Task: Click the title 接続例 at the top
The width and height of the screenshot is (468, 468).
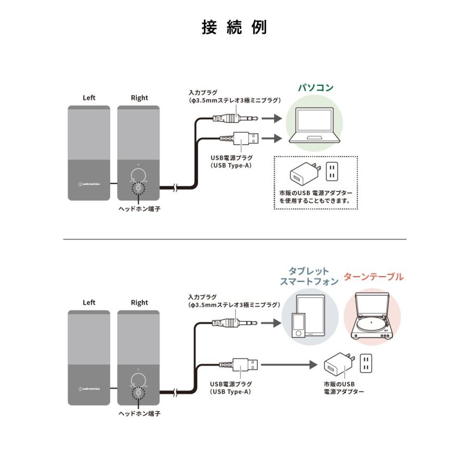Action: tap(234, 27)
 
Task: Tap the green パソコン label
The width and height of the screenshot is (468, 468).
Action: tap(315, 87)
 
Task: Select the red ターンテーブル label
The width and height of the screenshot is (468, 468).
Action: tap(373, 277)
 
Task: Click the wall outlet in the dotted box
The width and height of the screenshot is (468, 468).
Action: tap(332, 172)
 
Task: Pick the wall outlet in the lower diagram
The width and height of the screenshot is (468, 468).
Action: tap(367, 363)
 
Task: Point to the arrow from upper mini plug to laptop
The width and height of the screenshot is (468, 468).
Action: tap(271, 119)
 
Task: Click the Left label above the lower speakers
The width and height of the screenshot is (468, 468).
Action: tap(89, 302)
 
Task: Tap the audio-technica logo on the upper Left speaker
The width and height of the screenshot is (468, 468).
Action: tap(89, 183)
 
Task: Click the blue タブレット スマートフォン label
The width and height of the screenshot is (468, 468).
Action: tap(309, 276)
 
